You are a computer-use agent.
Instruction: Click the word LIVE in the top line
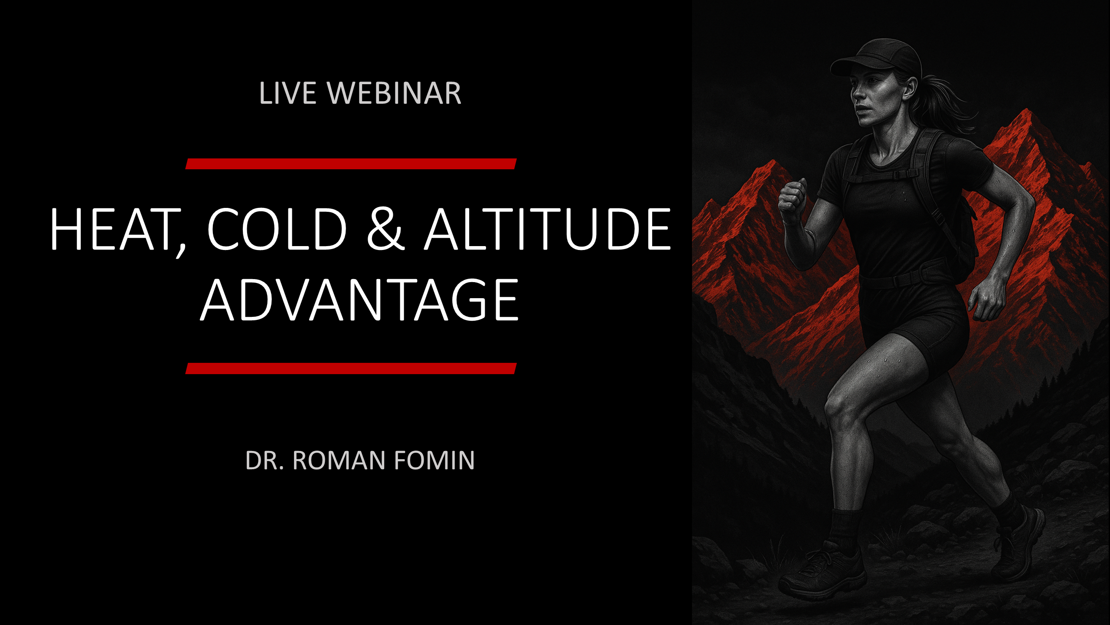(x=287, y=93)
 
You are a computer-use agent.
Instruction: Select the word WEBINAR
(x=394, y=93)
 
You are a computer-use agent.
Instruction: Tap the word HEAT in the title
(x=118, y=230)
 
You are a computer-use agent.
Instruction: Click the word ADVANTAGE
(x=359, y=299)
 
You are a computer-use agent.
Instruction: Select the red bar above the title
(x=351, y=164)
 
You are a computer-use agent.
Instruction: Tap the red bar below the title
(x=351, y=368)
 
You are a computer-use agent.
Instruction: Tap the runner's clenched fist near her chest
(x=793, y=198)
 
